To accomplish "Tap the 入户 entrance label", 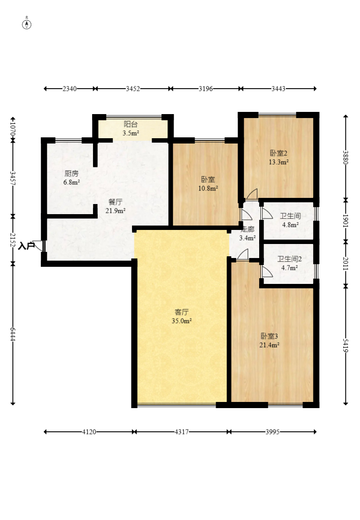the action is click(x=26, y=246).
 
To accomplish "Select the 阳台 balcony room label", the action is click(x=131, y=124).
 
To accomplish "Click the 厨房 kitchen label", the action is click(x=71, y=173).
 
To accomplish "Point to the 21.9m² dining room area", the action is click(x=115, y=211).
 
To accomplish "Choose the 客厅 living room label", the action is click(x=182, y=312).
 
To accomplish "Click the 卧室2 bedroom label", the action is click(x=278, y=153).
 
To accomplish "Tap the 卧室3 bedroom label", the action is click(x=269, y=336).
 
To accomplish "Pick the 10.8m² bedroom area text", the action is click(x=208, y=188).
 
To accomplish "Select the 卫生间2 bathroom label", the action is click(x=290, y=259).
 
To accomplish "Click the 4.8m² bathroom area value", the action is click(x=290, y=225).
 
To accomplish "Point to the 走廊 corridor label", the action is click(x=247, y=229).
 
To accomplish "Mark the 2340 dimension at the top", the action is click(x=70, y=89).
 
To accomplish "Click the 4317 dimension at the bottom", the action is click(x=182, y=432).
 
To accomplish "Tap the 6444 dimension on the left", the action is click(x=13, y=334).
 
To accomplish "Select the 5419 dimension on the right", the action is click(x=346, y=345).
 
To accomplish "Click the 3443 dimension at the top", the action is click(x=278, y=89).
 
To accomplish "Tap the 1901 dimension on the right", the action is click(x=346, y=221).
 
